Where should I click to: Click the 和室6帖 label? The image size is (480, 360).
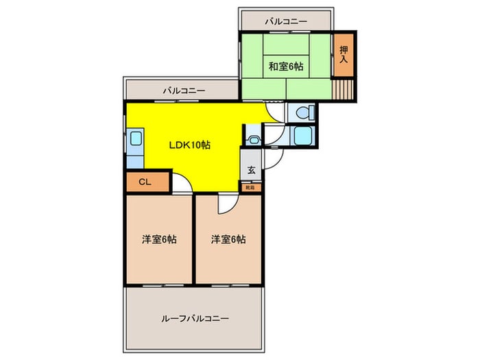point(286,67)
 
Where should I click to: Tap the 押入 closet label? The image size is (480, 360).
point(343,55)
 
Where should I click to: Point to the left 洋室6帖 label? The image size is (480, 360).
point(159,239)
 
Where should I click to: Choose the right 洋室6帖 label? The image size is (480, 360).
point(228,239)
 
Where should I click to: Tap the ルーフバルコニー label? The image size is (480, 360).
point(195,319)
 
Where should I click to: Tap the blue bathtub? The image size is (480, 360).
point(300,135)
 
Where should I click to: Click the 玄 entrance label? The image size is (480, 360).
point(251,170)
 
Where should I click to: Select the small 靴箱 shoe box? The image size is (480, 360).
point(251,187)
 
